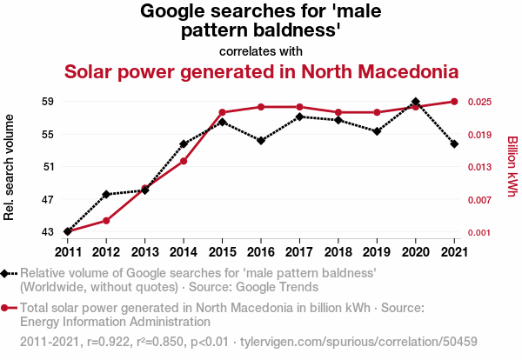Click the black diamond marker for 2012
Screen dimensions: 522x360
point(106,194)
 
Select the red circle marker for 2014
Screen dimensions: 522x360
point(184,161)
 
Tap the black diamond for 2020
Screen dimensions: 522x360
point(416,102)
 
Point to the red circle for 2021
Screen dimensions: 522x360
point(454,102)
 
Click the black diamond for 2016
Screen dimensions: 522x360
point(261,140)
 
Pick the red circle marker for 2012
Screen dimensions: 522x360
point(106,221)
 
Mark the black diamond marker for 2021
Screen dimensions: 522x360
point(454,144)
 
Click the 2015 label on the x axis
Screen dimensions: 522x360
point(222,252)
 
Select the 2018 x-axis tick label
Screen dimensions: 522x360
point(338,252)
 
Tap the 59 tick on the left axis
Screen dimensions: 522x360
point(48,102)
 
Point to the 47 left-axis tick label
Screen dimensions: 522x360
point(48,200)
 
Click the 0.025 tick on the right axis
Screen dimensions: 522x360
point(479,102)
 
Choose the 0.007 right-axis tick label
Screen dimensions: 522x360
point(479,200)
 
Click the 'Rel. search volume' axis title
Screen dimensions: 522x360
point(9,167)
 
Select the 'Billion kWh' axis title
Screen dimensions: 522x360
point(512,166)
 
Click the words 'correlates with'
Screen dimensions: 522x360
point(261,51)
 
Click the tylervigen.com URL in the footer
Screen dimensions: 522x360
point(358,342)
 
